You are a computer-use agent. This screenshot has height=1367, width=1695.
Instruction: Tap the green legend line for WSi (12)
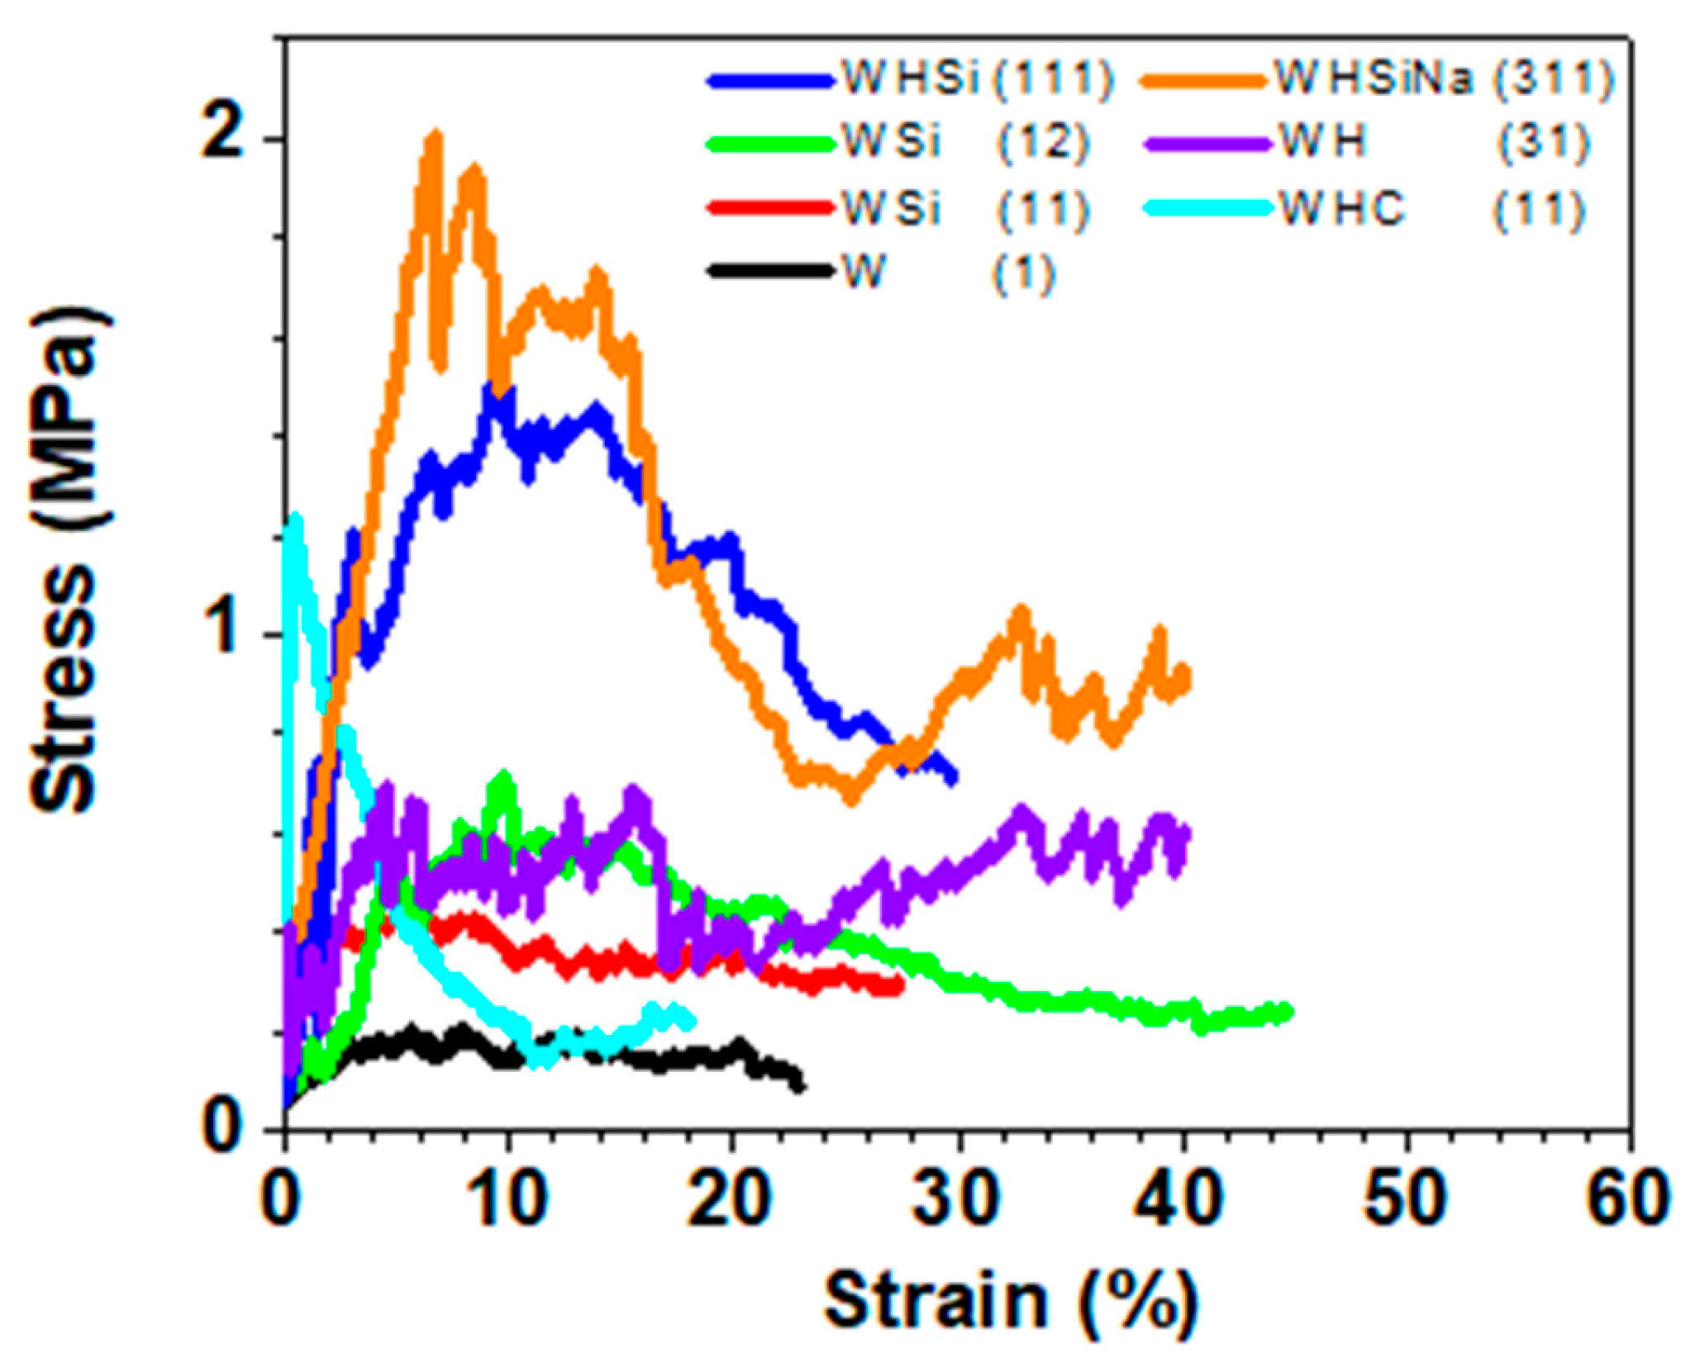tap(769, 144)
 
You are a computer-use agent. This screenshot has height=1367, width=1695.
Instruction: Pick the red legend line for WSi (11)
tap(769, 207)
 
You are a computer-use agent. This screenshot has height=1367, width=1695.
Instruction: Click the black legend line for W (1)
tap(769, 270)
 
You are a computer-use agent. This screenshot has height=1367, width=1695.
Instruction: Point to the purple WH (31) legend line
tap(1207, 144)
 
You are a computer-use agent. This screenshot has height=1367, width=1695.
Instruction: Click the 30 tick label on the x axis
tap(955, 1198)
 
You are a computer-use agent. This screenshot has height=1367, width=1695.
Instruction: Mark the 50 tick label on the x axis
tap(1404, 1198)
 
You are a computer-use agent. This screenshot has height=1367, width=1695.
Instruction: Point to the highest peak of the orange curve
tap(434, 136)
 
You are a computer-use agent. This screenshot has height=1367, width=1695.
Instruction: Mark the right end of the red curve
tap(900, 985)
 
